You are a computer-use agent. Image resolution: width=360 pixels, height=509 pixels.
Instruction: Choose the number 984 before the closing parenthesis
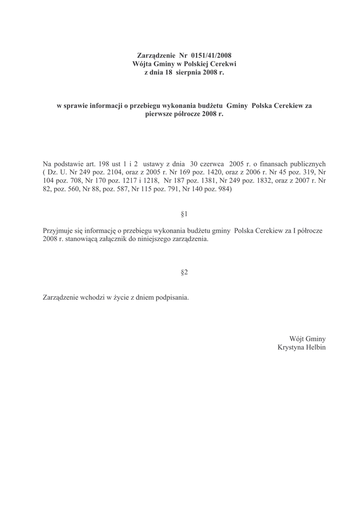point(223,189)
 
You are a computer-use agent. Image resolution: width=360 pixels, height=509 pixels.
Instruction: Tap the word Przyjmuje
point(58,231)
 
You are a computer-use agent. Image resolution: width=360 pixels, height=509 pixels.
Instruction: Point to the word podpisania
point(171,298)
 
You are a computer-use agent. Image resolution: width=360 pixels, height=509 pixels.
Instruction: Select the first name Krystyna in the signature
point(291,347)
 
